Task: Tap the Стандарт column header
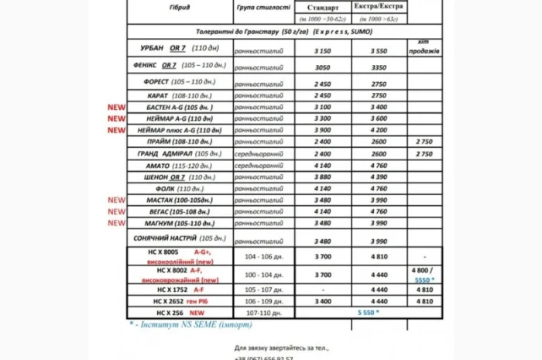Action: (x=322, y=7)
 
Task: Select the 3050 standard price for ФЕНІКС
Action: (x=322, y=67)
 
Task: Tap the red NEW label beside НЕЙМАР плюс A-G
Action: (x=116, y=131)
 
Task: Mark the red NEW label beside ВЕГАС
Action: (x=116, y=211)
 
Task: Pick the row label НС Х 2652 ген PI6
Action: (x=180, y=301)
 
